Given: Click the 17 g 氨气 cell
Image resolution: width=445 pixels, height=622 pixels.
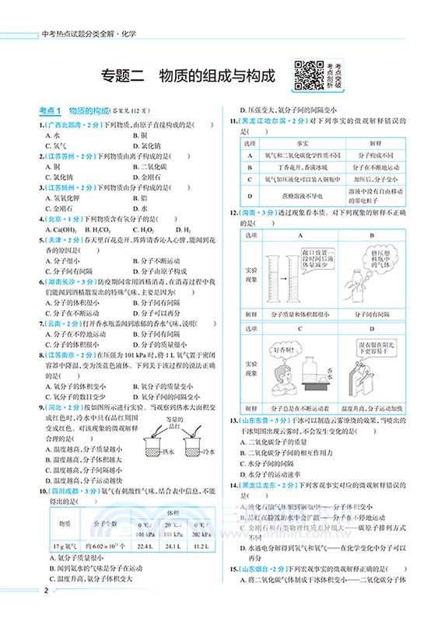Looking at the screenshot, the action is [x=60, y=545].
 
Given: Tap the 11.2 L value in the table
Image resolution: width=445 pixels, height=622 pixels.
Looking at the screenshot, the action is [x=201, y=545].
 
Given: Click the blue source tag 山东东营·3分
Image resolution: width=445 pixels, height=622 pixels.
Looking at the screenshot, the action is [x=264, y=420].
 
